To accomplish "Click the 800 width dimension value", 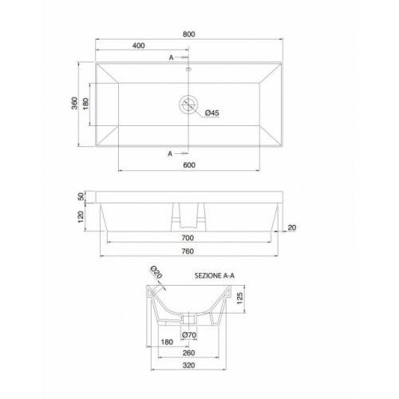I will coord(189,34).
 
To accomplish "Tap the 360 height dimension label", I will coord(73,105).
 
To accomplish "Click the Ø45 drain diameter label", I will coord(212,113).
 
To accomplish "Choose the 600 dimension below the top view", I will coord(189,165).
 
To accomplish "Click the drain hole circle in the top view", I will coord(189,104).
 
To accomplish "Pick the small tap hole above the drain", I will coord(189,70).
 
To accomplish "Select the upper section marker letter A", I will coord(171,57).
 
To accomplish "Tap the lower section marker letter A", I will coord(171,152).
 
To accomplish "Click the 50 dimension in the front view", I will coord(81,196).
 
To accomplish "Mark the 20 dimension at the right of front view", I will coord(292,228).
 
